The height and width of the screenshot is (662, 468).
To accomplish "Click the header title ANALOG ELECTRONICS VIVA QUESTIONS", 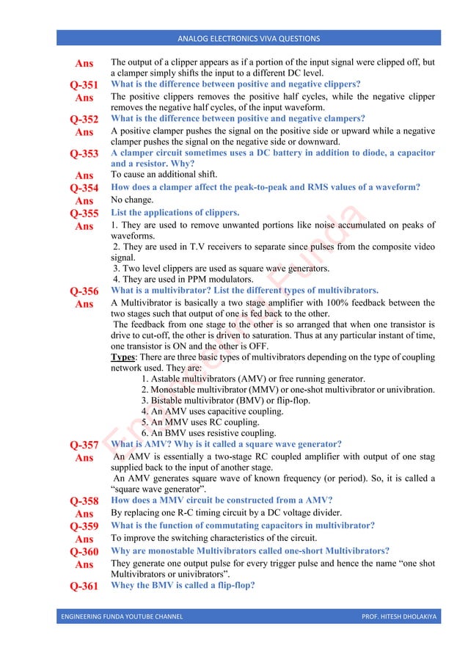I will pos(249,38).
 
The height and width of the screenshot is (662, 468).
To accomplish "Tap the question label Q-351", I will pos(84,85).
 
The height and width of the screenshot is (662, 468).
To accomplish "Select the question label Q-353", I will pos(84,154).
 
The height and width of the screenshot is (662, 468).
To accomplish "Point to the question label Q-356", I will pos(84,291).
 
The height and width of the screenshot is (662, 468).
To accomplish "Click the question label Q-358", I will pos(84,501).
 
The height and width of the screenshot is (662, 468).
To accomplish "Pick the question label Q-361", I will pos(84,586).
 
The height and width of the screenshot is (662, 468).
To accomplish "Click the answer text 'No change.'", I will pos(132,200).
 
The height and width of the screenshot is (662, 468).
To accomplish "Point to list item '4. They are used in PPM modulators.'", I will pos(183,279).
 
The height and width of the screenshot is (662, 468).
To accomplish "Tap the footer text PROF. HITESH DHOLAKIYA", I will pos(398,616).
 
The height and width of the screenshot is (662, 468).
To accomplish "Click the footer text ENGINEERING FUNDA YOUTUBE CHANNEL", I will pos(123,616).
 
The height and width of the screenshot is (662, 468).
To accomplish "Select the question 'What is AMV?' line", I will pos(226,444).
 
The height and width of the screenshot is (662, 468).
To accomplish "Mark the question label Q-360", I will pos(84,552).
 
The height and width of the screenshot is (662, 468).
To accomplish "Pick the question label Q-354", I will pos(84,188).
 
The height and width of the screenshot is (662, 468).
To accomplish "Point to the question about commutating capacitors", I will pos(243,525).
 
